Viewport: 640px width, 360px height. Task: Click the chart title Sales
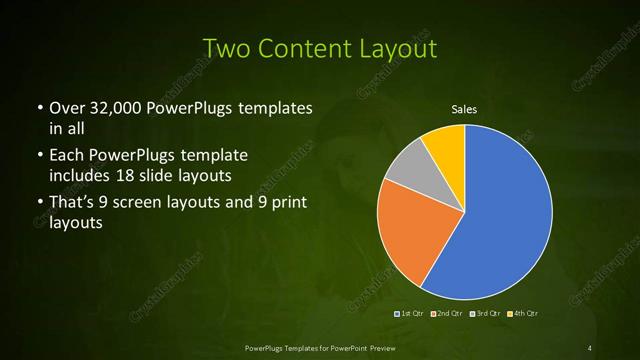point(464,108)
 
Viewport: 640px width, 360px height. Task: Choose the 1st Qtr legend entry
point(411,315)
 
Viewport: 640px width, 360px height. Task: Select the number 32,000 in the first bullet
point(116,108)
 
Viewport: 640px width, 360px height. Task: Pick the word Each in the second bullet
point(66,157)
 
